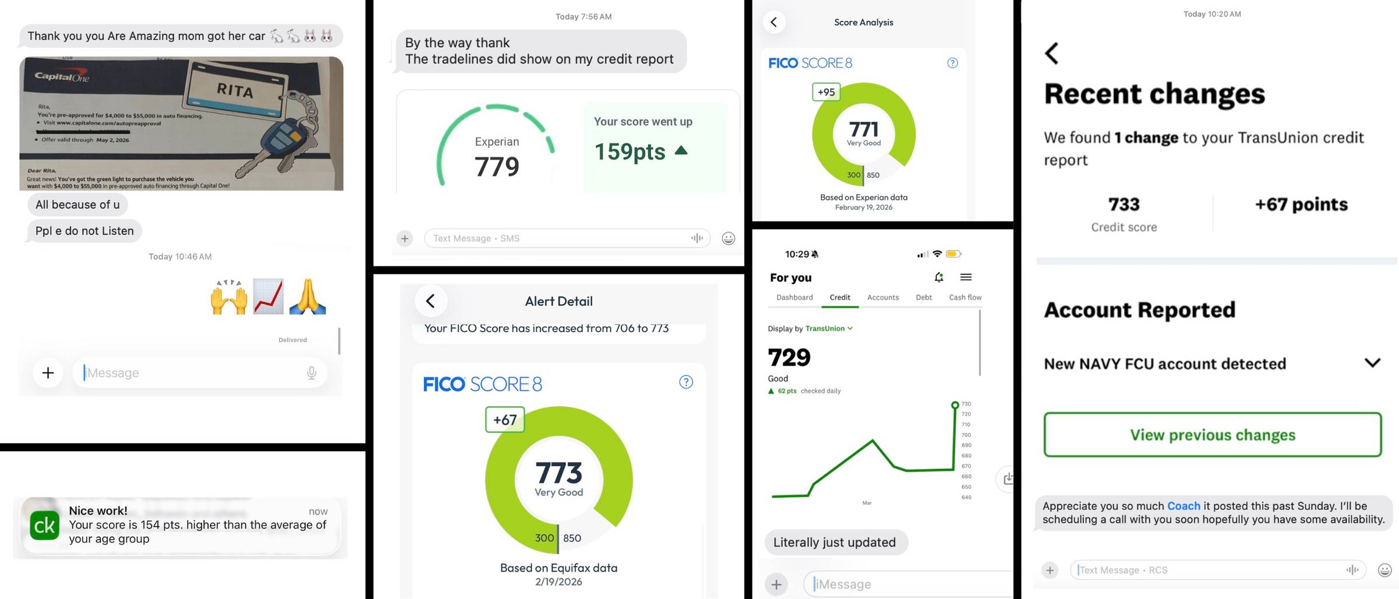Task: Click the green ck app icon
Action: pyautogui.click(x=45, y=525)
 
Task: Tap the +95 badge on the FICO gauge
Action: pyautogui.click(x=826, y=92)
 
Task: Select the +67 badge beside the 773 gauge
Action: pyautogui.click(x=505, y=420)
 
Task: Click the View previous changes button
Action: pyautogui.click(x=1212, y=435)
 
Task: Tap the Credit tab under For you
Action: pyautogui.click(x=839, y=297)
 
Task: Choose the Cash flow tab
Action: pyautogui.click(x=965, y=297)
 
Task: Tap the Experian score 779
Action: pyautogui.click(x=497, y=167)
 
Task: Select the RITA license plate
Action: pyautogui.click(x=235, y=90)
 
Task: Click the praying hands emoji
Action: pyautogui.click(x=308, y=297)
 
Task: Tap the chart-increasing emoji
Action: pyautogui.click(x=268, y=297)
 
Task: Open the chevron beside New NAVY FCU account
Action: pyautogui.click(x=1372, y=363)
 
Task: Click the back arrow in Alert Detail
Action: pyautogui.click(x=430, y=301)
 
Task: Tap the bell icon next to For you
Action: pyautogui.click(x=938, y=277)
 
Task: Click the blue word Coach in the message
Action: pyautogui.click(x=1183, y=506)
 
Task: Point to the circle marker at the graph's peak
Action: pyautogui.click(x=955, y=405)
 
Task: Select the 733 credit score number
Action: pyautogui.click(x=1123, y=205)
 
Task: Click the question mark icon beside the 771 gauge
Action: pyautogui.click(x=952, y=63)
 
